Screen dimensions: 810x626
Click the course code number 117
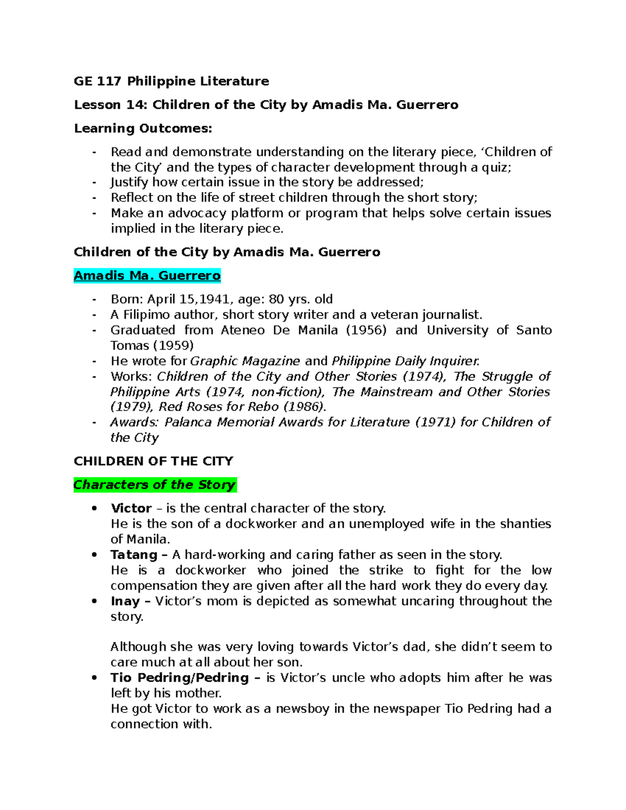click(109, 81)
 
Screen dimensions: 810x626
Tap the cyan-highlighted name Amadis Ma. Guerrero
click(147, 275)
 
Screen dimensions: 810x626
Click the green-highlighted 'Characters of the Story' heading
click(154, 485)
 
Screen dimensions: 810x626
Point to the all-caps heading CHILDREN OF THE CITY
click(153, 461)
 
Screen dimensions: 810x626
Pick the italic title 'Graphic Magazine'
click(245, 361)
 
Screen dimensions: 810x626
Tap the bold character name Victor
click(131, 508)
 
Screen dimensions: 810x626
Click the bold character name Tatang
click(134, 554)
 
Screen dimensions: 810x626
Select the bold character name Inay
click(125, 601)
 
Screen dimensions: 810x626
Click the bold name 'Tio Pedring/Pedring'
click(179, 678)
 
